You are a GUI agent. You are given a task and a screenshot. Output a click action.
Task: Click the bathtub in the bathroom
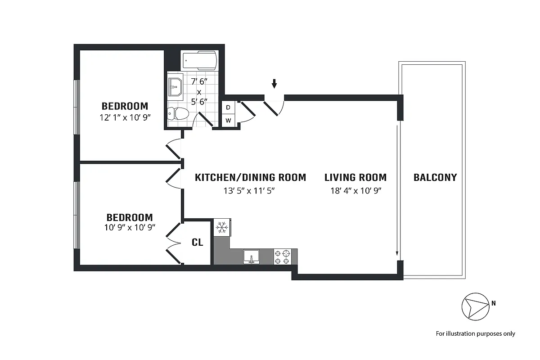point(200,60)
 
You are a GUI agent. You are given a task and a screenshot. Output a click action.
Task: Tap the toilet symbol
point(178,113)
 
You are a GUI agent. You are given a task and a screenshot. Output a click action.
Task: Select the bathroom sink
point(175,87)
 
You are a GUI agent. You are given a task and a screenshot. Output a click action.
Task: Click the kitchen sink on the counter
point(252,256)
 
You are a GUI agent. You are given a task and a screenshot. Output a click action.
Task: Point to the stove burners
point(282,256)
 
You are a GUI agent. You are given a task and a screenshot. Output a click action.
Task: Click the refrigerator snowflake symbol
point(222,227)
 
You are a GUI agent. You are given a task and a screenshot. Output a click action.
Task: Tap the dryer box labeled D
point(228,108)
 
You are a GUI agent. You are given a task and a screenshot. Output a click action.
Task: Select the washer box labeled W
point(228,120)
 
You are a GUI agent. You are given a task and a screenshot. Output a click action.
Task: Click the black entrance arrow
point(274,84)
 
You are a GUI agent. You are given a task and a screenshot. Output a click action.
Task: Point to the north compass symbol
point(475,307)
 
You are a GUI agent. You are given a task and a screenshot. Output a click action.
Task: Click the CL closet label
point(198,243)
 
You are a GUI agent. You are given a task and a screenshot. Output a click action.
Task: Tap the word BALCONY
point(435,177)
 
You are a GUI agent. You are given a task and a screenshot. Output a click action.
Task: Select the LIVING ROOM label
point(355,177)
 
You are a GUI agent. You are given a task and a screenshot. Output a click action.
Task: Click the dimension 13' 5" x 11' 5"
point(249,191)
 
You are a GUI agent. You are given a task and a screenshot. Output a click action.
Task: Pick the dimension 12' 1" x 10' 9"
point(125,117)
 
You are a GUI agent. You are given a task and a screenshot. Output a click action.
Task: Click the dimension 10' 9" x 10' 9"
point(130,227)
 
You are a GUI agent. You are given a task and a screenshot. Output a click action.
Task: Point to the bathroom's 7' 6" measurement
point(199,81)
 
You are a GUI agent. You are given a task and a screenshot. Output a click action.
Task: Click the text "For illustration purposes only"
point(475,334)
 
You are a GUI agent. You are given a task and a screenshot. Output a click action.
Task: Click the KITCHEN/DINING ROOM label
point(251,177)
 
